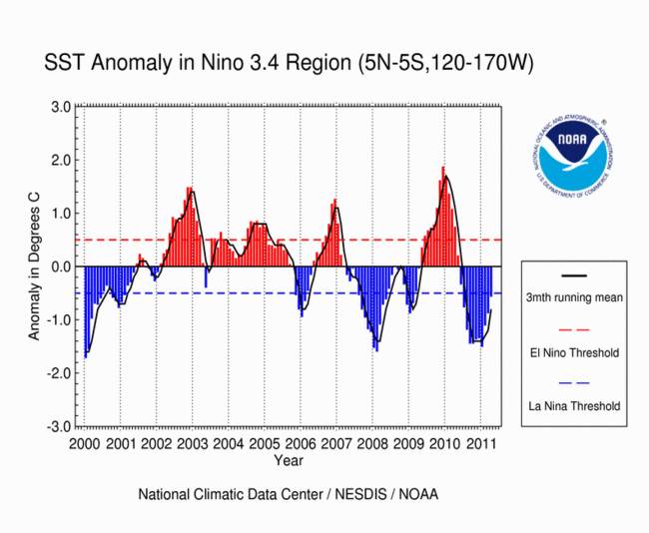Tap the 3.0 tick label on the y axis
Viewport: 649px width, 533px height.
coord(60,107)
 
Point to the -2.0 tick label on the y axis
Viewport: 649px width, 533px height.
coord(58,372)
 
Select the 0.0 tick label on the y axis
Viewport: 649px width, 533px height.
coord(60,266)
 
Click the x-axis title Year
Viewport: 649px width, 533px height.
coord(290,461)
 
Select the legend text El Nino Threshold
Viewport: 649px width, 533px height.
coord(574,352)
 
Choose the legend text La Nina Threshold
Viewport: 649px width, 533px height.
coord(574,406)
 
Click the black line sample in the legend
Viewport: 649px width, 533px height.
coord(574,274)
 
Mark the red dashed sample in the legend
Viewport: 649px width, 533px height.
coord(574,328)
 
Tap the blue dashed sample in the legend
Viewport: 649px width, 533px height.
coord(574,382)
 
